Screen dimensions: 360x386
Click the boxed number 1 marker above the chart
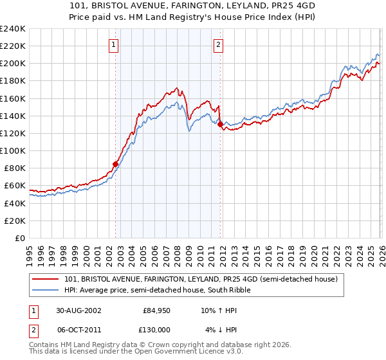tap(113, 44)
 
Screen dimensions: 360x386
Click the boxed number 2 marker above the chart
tap(219, 44)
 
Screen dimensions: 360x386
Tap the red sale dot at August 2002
tap(116, 164)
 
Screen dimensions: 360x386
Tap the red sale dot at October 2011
tap(220, 124)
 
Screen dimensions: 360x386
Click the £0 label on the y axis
tap(19, 238)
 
